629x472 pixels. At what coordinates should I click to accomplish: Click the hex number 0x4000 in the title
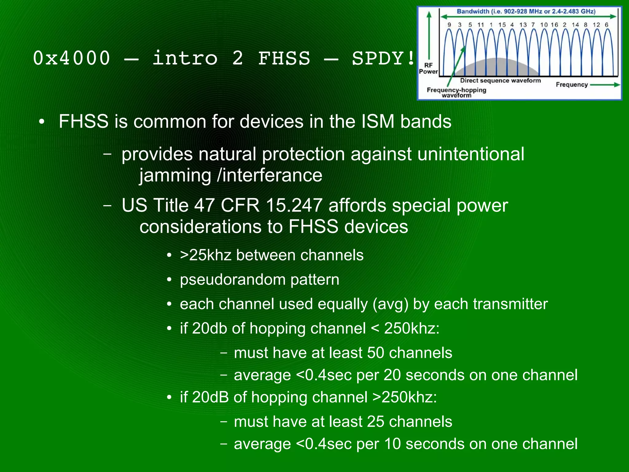71,58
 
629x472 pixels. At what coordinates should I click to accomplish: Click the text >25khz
205,255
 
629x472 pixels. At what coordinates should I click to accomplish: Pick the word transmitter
510,304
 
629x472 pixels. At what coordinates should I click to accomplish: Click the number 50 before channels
376,353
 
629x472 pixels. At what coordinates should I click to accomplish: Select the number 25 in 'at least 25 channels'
376,422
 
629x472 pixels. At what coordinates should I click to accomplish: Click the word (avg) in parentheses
390,304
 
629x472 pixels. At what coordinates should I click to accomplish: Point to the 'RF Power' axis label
428,68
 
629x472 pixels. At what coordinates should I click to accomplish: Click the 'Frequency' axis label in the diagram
572,84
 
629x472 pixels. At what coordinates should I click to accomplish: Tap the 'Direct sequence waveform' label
500,80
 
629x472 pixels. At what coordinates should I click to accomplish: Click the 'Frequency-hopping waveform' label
456,92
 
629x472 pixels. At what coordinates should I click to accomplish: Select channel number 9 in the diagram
449,25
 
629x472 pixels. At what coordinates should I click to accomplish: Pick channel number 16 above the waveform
554,25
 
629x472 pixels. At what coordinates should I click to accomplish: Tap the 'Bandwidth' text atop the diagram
473,12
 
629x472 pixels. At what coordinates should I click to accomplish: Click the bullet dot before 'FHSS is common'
42,122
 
